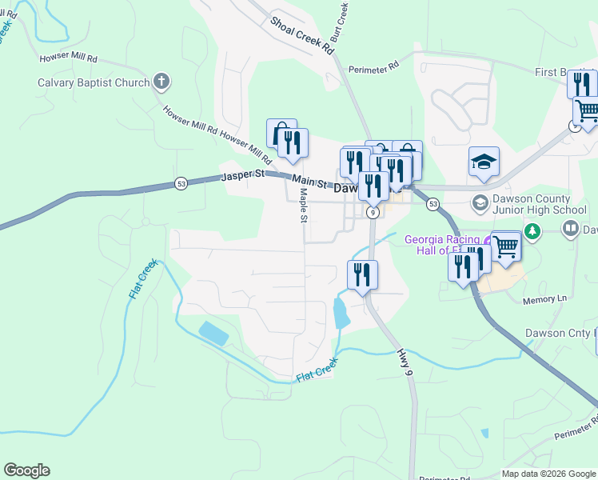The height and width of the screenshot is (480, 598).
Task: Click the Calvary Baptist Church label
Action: (94, 82)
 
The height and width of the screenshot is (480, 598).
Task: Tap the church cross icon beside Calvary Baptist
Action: (161, 82)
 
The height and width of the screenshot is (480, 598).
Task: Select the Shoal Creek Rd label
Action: (301, 34)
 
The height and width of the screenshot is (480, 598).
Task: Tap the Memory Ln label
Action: (544, 299)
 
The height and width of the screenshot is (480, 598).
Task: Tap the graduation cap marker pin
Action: (484, 162)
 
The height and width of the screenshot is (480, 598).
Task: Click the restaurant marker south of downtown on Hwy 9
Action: (362, 275)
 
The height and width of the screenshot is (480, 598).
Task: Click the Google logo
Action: (26, 470)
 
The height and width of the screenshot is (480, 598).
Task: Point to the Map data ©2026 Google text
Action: (549, 474)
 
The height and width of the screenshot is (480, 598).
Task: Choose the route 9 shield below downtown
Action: (373, 213)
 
